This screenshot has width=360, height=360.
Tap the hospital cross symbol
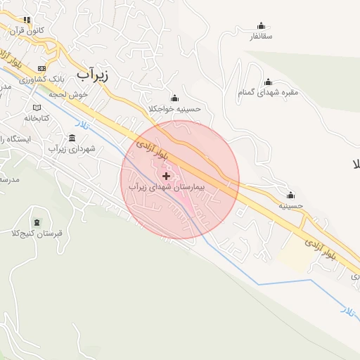point(166,176)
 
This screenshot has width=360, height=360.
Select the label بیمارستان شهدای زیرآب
point(166,188)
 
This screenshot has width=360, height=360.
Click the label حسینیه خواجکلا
point(175,109)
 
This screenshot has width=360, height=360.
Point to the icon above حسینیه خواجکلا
point(174,98)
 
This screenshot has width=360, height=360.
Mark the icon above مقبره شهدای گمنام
point(267,82)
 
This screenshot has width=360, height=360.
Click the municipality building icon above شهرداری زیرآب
point(72,137)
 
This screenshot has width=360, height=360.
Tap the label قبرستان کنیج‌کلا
point(39,233)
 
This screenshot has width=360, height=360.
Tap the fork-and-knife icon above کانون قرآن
point(27,20)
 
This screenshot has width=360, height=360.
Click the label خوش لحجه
point(73,94)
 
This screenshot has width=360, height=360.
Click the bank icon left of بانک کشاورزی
point(41,68)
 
